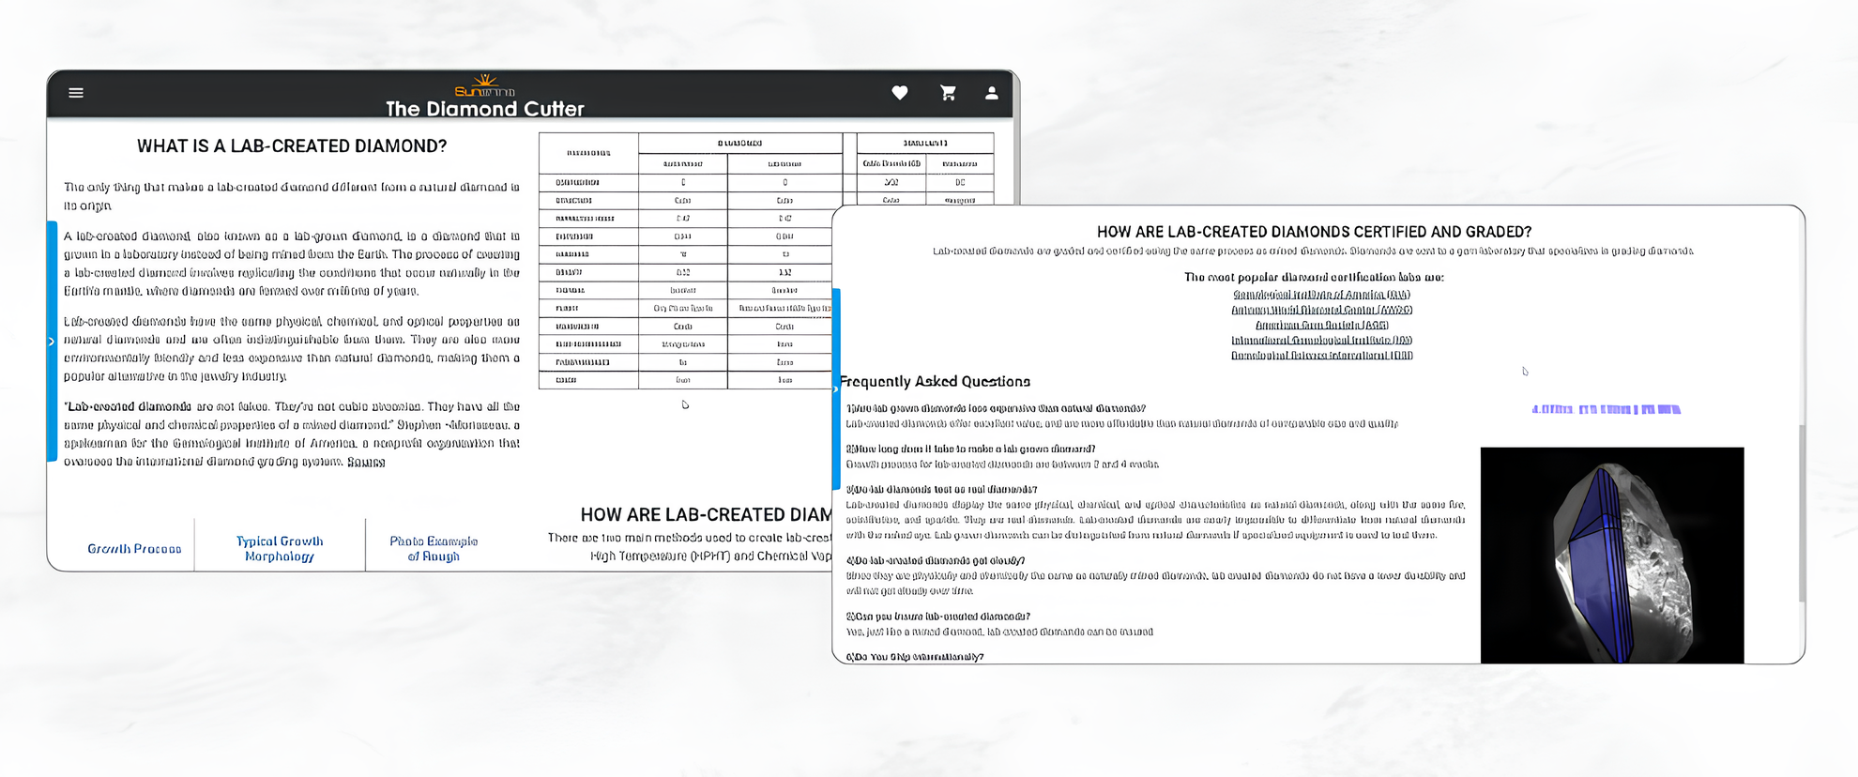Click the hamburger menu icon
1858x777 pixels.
(x=76, y=93)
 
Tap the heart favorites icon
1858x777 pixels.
(x=899, y=93)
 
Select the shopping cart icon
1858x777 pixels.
(x=948, y=93)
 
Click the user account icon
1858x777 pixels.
(x=991, y=93)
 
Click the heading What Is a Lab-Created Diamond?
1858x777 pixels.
(x=292, y=146)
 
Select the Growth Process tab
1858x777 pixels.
(x=134, y=549)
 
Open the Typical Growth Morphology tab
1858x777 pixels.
(x=280, y=549)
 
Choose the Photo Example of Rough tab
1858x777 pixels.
(x=434, y=549)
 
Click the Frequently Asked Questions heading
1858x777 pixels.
(x=935, y=382)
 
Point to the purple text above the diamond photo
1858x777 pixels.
(x=1606, y=409)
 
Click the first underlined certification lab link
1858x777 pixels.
(x=1321, y=295)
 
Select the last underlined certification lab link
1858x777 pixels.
(x=1321, y=356)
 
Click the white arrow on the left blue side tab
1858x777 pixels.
(x=52, y=342)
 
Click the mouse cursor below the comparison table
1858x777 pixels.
(x=685, y=404)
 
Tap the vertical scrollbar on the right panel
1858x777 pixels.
(x=1801, y=516)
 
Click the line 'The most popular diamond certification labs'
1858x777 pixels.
(x=1314, y=277)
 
